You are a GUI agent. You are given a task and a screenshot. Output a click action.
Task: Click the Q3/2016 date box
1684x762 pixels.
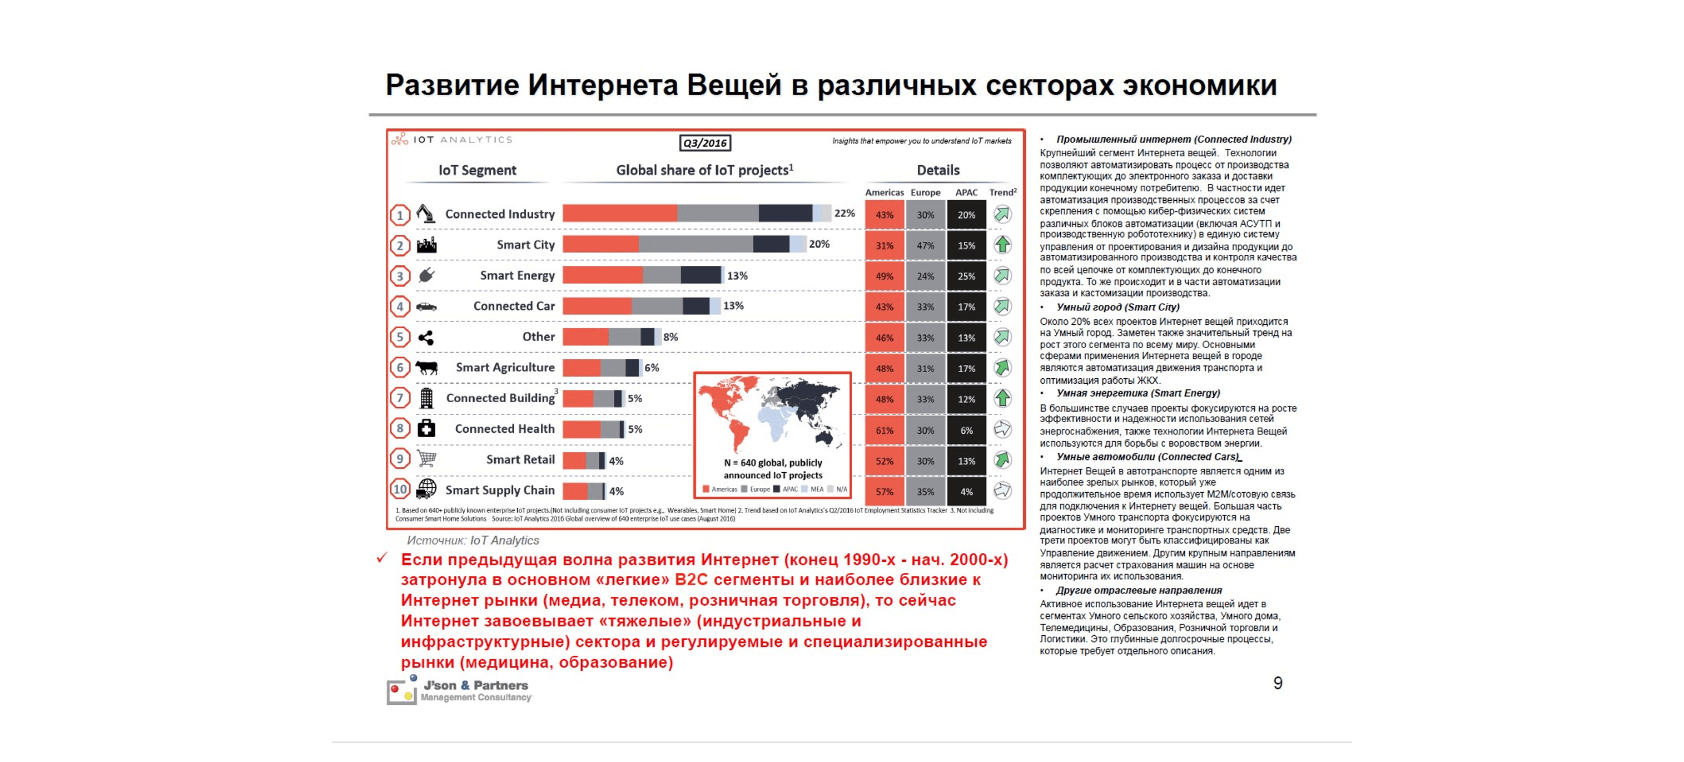coord(705,142)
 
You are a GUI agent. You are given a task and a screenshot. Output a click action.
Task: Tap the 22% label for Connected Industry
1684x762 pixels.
coord(844,213)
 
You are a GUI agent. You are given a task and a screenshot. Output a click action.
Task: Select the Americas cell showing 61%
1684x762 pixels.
coord(884,431)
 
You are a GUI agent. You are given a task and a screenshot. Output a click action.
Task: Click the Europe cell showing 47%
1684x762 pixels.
coord(925,245)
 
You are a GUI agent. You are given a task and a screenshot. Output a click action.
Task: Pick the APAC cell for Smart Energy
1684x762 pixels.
coord(966,276)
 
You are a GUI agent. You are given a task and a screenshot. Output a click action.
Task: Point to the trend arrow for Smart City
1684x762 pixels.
coord(1002,245)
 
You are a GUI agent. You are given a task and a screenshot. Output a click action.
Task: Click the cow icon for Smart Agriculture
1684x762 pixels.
coord(426,368)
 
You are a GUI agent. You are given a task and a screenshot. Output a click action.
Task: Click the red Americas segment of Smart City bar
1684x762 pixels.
coord(600,244)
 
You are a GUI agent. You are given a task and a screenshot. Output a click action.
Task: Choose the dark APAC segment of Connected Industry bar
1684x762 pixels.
coord(785,213)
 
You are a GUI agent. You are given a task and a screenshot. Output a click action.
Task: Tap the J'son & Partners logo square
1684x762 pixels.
coord(401,691)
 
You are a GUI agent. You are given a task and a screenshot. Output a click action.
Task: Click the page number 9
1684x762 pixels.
coord(1278,684)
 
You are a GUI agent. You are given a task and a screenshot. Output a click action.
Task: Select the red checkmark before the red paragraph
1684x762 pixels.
coord(382,558)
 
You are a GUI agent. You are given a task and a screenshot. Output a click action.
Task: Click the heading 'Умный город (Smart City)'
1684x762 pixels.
coord(1118,308)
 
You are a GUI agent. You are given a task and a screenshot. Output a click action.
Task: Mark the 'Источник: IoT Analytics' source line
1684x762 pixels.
coord(473,540)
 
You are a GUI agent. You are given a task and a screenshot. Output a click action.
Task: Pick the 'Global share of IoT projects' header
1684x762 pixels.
coord(704,170)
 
